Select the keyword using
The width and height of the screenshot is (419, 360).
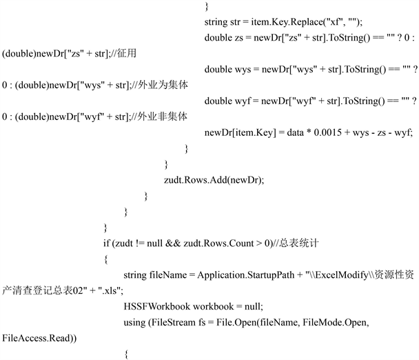tap(135, 323)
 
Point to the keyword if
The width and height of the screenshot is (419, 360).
tap(106, 243)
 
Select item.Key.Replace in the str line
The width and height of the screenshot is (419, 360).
tap(267, 21)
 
